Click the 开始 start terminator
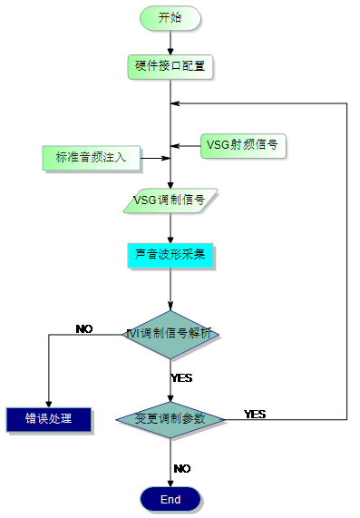(170, 17)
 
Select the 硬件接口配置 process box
(170, 66)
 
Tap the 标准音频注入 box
(91, 157)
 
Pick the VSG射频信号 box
(242, 145)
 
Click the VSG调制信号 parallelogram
(170, 200)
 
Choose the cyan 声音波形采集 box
(170, 255)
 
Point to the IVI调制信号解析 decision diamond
(170, 334)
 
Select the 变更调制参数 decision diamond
(170, 420)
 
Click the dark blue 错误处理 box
(49, 419)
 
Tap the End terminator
(170, 500)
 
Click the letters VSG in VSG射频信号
(219, 145)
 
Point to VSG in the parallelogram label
(146, 200)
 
